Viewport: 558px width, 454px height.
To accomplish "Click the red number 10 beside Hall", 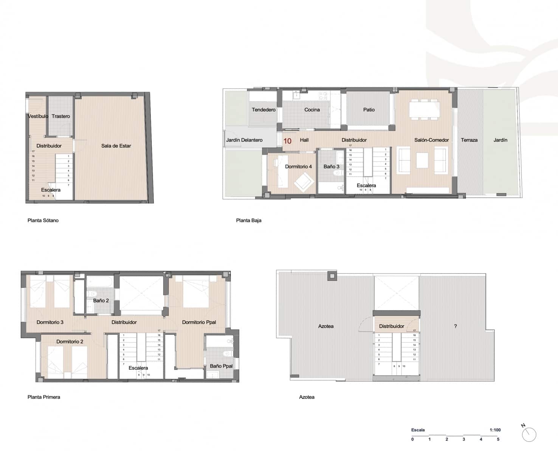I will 287,141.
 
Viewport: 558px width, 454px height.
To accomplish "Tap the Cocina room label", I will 312,110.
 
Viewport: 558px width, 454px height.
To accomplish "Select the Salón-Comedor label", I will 431,140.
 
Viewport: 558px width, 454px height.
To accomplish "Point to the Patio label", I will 369,110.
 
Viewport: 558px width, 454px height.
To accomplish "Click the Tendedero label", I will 263,110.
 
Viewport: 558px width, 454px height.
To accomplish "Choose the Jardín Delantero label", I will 244,140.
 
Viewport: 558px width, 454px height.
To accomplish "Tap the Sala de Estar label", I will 116,146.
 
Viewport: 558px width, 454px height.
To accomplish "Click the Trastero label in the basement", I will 61,116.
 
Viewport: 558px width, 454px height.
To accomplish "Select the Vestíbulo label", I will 38,116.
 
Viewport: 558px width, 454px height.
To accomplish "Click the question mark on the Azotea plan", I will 455,326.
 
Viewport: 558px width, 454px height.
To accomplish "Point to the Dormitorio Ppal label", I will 199,322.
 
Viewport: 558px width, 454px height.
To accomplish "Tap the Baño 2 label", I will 101,300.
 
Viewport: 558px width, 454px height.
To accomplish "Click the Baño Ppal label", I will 221,366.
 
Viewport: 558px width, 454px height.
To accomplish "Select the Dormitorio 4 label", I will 298,166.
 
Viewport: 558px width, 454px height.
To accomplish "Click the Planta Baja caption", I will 248,220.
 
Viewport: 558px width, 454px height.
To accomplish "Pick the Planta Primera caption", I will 44,397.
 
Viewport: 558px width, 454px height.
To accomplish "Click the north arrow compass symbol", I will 529,434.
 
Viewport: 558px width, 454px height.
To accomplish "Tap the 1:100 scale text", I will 495,430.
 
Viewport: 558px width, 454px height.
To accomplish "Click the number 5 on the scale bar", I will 498,439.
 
